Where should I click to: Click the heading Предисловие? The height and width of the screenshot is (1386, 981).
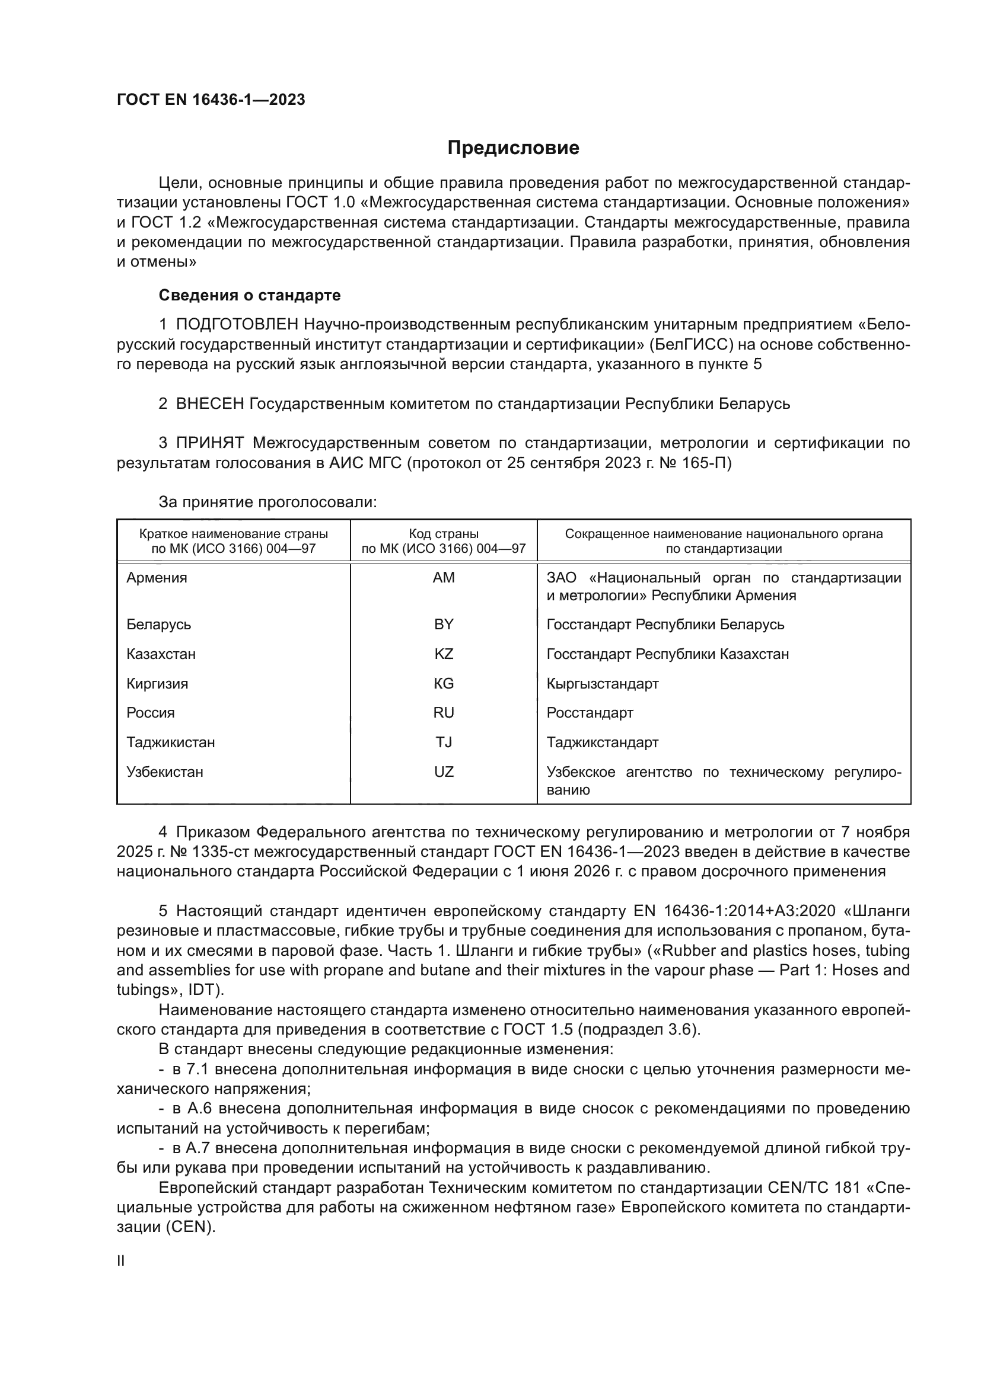click(x=513, y=148)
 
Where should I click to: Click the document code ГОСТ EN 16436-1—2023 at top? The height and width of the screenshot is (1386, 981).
click(x=211, y=100)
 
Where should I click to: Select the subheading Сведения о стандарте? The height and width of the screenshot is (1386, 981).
click(x=250, y=295)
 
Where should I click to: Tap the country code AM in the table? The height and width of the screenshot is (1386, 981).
click(x=444, y=578)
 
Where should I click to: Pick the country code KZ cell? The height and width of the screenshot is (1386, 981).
click(x=444, y=654)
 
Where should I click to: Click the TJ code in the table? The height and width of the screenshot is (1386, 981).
click(x=444, y=742)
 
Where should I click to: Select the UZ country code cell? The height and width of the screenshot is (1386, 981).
click(x=444, y=772)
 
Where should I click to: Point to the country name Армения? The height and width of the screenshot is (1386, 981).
click(x=157, y=578)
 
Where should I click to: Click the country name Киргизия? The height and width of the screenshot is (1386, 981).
click(x=157, y=683)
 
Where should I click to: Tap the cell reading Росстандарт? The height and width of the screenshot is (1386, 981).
click(x=590, y=712)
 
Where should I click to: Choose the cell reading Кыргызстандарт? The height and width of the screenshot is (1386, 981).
click(x=602, y=683)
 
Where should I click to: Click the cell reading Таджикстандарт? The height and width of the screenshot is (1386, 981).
click(x=602, y=742)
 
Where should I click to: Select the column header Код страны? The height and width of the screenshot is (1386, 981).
click(x=444, y=534)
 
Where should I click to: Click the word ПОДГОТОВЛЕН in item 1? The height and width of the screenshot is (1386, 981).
click(x=237, y=325)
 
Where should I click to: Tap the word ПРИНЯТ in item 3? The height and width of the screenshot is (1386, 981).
click(x=209, y=443)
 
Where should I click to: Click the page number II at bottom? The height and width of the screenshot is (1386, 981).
click(x=121, y=1261)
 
